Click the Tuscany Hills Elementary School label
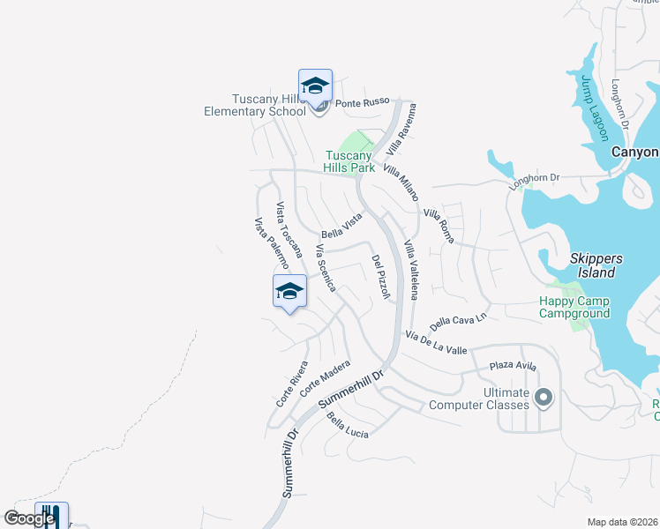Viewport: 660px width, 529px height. [x=255, y=105]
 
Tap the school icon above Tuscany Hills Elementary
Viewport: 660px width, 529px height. [x=315, y=86]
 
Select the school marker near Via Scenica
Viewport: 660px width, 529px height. [x=289, y=292]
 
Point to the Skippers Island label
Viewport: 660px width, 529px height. [x=596, y=265]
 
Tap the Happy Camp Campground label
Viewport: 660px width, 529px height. [x=574, y=307]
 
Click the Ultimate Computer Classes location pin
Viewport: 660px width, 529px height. [x=543, y=397]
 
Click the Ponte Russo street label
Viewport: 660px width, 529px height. [x=362, y=102]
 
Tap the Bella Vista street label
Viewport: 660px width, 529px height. [x=341, y=226]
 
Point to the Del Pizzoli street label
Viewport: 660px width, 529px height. [x=380, y=277]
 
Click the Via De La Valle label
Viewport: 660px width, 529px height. [x=436, y=343]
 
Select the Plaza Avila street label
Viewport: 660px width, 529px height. [x=513, y=365]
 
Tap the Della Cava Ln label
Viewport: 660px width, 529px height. [x=459, y=321]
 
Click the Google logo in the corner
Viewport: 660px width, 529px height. [x=29, y=518]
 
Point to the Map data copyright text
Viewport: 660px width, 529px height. [x=622, y=522]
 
